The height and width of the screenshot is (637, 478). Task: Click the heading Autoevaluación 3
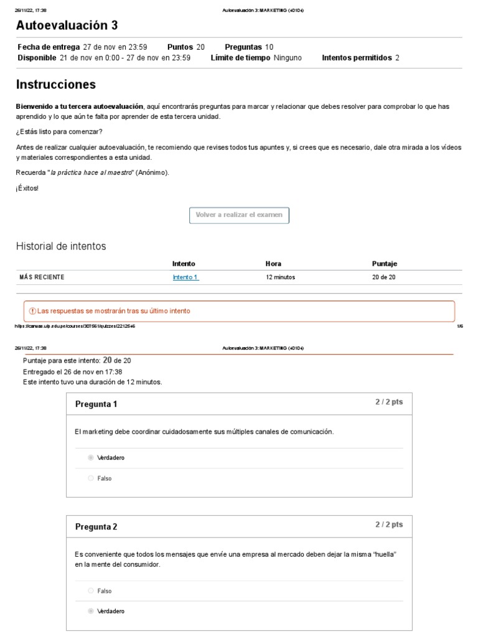67,26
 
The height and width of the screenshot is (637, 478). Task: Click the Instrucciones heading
55,84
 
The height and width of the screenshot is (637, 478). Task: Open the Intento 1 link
185,277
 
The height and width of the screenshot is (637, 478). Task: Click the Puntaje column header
384,264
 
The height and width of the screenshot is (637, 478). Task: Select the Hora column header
273,264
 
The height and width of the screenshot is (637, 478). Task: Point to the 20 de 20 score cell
383,277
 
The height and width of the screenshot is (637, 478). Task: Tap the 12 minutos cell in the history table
280,277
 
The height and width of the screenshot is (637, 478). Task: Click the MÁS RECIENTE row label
42,277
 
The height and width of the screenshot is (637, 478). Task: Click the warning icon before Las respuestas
32,311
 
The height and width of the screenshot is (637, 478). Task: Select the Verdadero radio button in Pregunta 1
91,457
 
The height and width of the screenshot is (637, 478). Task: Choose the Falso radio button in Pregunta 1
91,478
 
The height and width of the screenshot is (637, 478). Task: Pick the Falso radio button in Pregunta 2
91,590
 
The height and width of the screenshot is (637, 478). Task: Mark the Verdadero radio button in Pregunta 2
91,611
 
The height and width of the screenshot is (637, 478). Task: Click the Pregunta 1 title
96,404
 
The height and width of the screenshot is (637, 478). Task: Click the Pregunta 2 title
96,527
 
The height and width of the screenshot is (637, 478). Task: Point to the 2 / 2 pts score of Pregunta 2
388,524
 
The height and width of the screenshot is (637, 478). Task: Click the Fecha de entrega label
48,47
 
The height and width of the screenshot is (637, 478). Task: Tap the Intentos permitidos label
357,58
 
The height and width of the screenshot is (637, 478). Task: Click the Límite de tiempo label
240,58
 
